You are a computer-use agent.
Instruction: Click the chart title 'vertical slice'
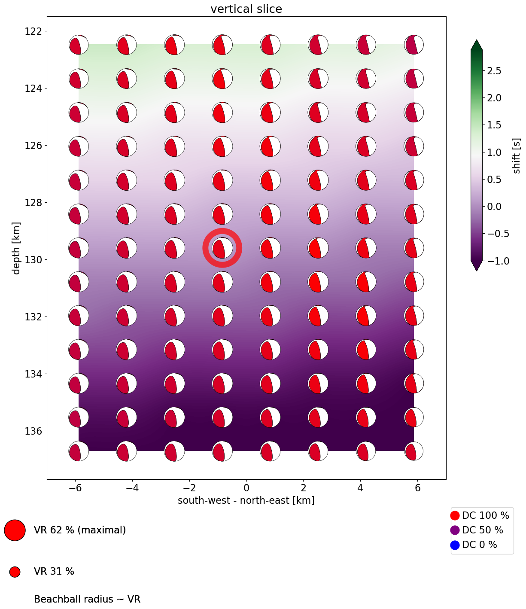click(x=246, y=9)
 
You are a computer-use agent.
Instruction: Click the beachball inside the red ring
click(x=222, y=248)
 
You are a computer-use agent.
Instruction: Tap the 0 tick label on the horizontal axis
click(x=246, y=488)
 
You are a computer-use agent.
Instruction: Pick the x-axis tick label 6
click(x=417, y=488)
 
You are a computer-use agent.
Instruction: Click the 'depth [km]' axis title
click(x=16, y=248)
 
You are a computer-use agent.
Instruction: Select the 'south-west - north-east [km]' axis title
click(x=246, y=500)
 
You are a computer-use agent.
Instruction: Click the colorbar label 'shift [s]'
click(x=517, y=155)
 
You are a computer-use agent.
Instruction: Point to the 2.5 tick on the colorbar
click(x=494, y=71)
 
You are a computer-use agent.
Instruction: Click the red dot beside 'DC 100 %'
click(x=455, y=515)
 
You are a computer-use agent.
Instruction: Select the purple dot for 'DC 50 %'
click(x=455, y=530)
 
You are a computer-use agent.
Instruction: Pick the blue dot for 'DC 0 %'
click(x=455, y=545)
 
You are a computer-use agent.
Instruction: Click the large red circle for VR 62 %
click(x=15, y=530)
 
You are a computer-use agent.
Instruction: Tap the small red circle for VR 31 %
click(x=15, y=572)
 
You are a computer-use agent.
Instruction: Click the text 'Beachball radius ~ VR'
click(x=87, y=599)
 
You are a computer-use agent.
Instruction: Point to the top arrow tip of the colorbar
click(x=477, y=40)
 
